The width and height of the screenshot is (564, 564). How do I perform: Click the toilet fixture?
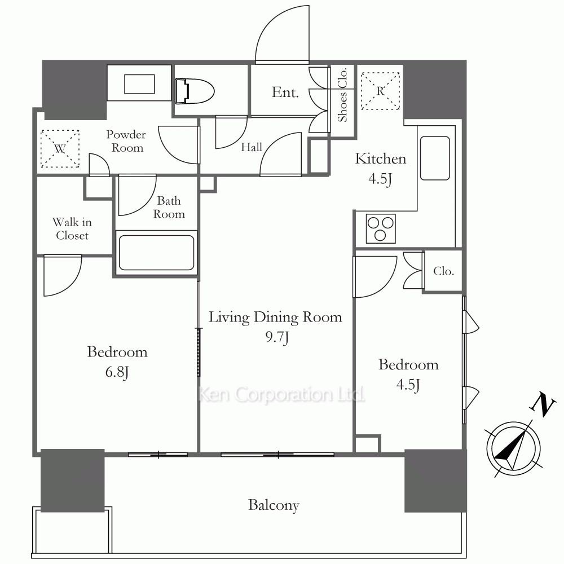(194, 91)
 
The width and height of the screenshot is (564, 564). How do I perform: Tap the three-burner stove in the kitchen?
(381, 229)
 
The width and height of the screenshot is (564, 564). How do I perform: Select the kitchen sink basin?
(435, 158)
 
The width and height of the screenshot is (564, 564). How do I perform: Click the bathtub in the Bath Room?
(156, 253)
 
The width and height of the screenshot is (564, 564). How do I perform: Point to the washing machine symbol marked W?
(60, 148)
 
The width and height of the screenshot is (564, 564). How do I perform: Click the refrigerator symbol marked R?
(380, 91)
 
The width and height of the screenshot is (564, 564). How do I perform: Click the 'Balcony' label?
(274, 505)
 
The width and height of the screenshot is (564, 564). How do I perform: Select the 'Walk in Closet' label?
(72, 229)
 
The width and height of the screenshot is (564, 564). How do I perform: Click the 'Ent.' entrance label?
(285, 92)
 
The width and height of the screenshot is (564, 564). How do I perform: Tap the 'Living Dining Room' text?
(275, 318)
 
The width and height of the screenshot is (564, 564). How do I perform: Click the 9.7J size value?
(277, 337)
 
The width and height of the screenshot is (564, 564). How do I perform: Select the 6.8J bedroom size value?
(117, 372)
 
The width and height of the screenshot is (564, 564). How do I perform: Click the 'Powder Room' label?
(126, 141)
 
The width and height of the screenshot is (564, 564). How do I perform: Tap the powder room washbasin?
(139, 84)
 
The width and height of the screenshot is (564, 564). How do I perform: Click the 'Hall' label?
(252, 147)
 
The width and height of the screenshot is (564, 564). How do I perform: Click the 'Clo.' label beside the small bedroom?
(443, 271)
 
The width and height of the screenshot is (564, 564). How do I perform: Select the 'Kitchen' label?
(381, 158)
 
